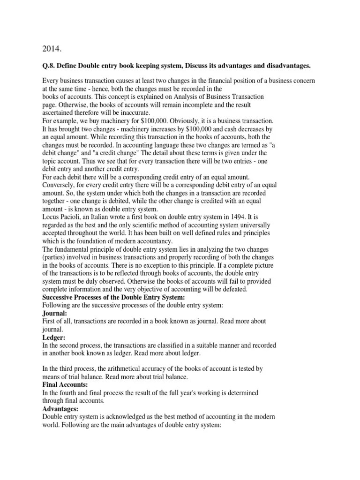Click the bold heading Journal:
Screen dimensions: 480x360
click(x=54, y=313)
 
